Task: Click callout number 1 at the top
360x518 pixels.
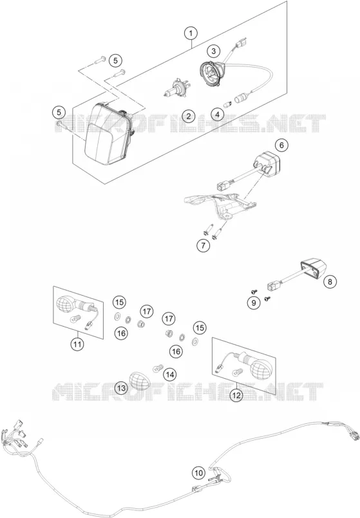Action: coord(191,33)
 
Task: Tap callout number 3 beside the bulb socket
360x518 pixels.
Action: coord(214,51)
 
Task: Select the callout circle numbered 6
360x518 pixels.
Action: coord(281,145)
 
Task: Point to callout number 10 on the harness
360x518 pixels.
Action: coord(198,474)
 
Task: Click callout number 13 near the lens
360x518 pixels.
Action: coord(121,388)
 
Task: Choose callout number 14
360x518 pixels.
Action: coord(170,374)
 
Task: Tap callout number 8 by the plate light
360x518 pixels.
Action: coord(330,282)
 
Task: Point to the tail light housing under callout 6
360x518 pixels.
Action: coord(267,162)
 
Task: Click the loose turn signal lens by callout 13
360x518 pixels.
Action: coord(140,380)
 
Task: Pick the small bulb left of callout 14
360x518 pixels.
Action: coord(158,368)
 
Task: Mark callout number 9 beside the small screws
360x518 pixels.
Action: coord(254,303)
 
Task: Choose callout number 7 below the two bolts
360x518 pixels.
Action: coord(203,245)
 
